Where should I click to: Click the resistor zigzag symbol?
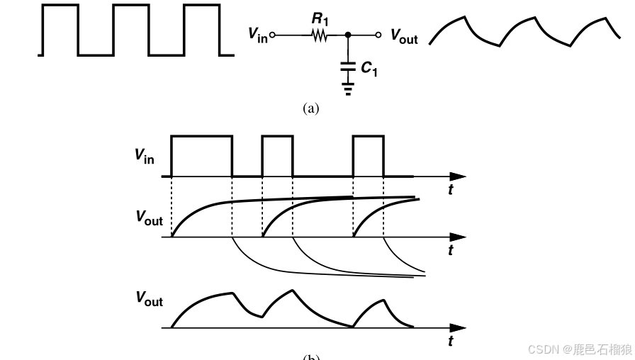(x=318, y=34)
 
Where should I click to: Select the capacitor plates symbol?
(x=347, y=68)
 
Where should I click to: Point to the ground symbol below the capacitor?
(x=347, y=89)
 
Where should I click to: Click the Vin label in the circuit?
(x=258, y=34)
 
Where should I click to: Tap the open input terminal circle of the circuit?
(x=273, y=34)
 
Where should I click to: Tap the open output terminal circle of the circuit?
(x=378, y=34)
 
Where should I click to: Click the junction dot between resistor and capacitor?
(x=347, y=34)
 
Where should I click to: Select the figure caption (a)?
(x=311, y=108)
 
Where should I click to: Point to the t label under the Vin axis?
(x=451, y=190)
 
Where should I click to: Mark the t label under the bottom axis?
(x=451, y=342)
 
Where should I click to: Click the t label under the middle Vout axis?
(x=451, y=250)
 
